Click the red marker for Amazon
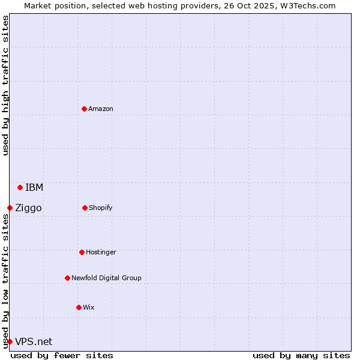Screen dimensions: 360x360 [84, 109]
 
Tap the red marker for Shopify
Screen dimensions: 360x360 [85, 208]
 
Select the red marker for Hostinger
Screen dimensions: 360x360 [82, 252]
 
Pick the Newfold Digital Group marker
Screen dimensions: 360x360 [67, 278]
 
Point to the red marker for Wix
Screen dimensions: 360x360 [79, 307]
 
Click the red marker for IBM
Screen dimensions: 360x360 [20, 187]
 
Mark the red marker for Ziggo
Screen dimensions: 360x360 [10, 208]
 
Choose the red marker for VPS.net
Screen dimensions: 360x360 [10, 341]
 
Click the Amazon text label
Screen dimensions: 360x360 [101, 109]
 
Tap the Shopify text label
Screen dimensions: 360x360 [101, 208]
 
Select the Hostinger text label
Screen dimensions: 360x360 [101, 252]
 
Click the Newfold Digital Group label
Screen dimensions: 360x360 [106, 278]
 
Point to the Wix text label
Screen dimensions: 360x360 [89, 307]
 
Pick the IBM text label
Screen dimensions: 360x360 [34, 187]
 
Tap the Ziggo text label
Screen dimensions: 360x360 [28, 208]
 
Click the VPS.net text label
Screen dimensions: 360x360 [34, 341]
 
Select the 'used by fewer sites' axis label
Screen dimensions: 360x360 [62, 355]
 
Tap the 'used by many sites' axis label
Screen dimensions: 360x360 [301, 355]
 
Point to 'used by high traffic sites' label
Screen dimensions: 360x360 [5, 85]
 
